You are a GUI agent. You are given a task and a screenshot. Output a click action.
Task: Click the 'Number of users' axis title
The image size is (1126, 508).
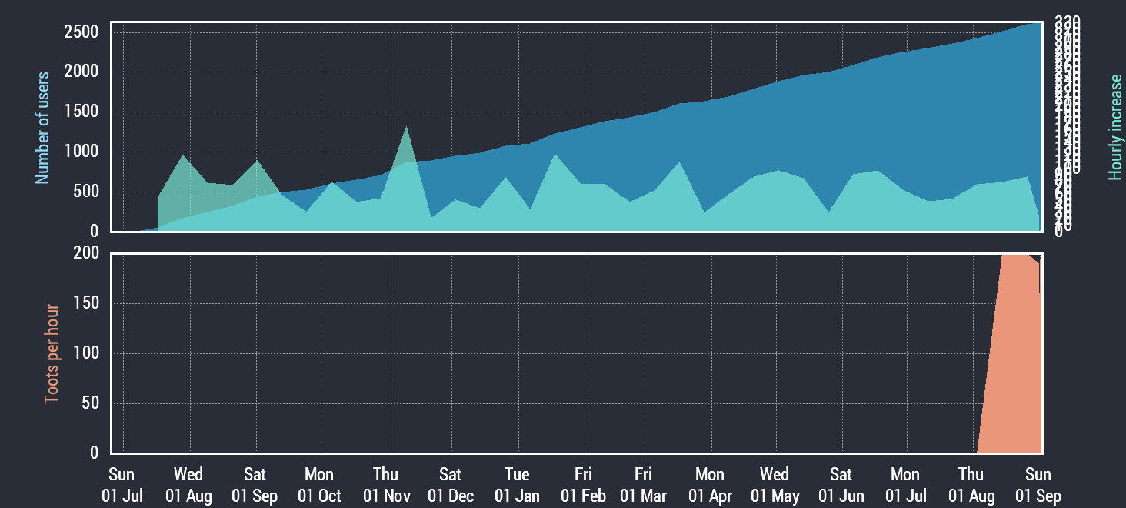(x=42, y=128)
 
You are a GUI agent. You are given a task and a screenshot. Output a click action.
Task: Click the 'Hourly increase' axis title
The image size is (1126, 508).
(x=1115, y=128)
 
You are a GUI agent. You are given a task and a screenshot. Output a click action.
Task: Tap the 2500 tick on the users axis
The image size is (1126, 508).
(x=82, y=32)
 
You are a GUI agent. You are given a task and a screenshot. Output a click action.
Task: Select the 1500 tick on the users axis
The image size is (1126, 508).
(x=82, y=112)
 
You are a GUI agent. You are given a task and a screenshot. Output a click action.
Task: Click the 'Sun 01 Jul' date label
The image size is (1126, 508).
(x=122, y=485)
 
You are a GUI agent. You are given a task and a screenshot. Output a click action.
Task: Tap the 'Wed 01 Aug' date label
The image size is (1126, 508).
(x=188, y=485)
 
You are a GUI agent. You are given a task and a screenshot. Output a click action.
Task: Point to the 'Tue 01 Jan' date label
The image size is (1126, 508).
(x=517, y=485)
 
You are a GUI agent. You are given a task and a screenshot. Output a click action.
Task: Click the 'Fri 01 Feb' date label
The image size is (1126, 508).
(x=583, y=485)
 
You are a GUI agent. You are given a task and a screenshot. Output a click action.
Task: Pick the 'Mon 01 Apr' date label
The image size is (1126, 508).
(x=709, y=485)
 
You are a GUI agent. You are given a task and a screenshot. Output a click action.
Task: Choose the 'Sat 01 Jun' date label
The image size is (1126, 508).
(x=841, y=485)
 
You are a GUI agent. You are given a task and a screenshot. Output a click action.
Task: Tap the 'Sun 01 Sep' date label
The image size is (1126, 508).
(x=1038, y=485)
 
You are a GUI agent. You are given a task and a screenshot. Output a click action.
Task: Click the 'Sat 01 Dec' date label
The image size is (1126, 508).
(x=451, y=485)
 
